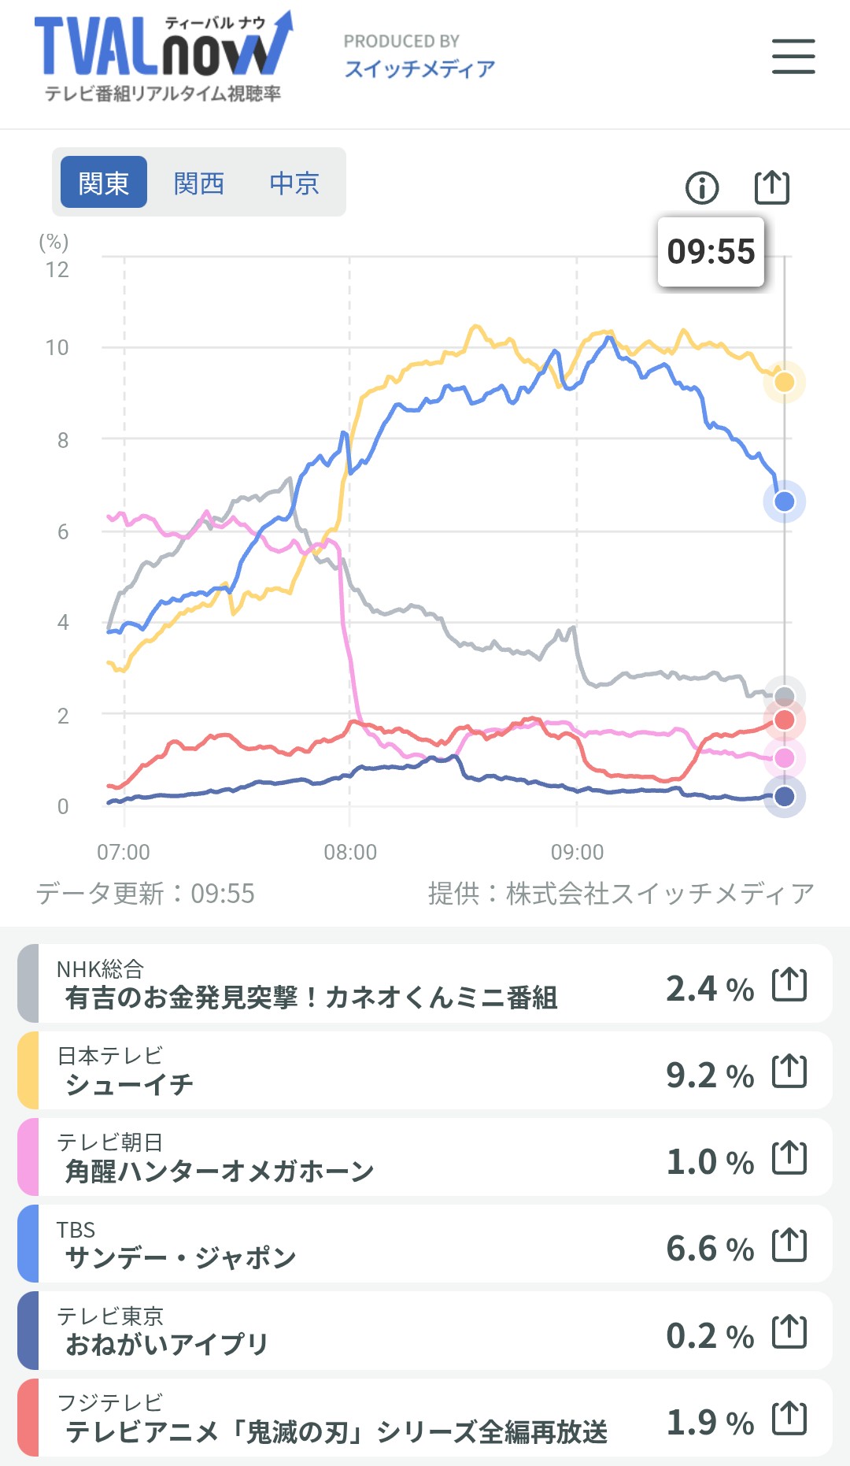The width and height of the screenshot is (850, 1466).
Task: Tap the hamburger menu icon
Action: (x=793, y=57)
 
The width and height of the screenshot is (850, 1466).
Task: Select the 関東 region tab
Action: (x=104, y=183)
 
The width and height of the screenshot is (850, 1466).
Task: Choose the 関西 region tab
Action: (x=199, y=183)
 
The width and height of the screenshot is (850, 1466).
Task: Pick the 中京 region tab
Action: (x=294, y=183)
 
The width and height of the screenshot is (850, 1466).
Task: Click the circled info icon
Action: (x=702, y=187)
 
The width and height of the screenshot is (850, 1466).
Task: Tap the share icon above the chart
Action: (x=771, y=187)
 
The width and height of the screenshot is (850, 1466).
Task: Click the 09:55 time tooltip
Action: (x=711, y=252)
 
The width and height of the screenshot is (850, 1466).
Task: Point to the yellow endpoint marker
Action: (x=784, y=383)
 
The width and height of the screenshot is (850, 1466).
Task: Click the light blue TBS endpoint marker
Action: (x=784, y=502)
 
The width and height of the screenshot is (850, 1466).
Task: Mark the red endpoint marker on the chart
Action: (x=784, y=720)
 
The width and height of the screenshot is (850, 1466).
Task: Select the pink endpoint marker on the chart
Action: (x=784, y=757)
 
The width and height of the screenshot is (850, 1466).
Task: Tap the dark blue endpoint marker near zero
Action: (x=784, y=797)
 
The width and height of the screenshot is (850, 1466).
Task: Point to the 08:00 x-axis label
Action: (x=350, y=852)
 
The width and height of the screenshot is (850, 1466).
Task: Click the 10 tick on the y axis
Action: (x=57, y=347)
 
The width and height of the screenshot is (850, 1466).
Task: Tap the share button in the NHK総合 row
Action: (x=789, y=984)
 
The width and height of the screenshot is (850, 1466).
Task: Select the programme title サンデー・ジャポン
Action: (x=180, y=1257)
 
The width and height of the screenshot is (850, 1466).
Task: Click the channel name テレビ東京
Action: (x=110, y=1316)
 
